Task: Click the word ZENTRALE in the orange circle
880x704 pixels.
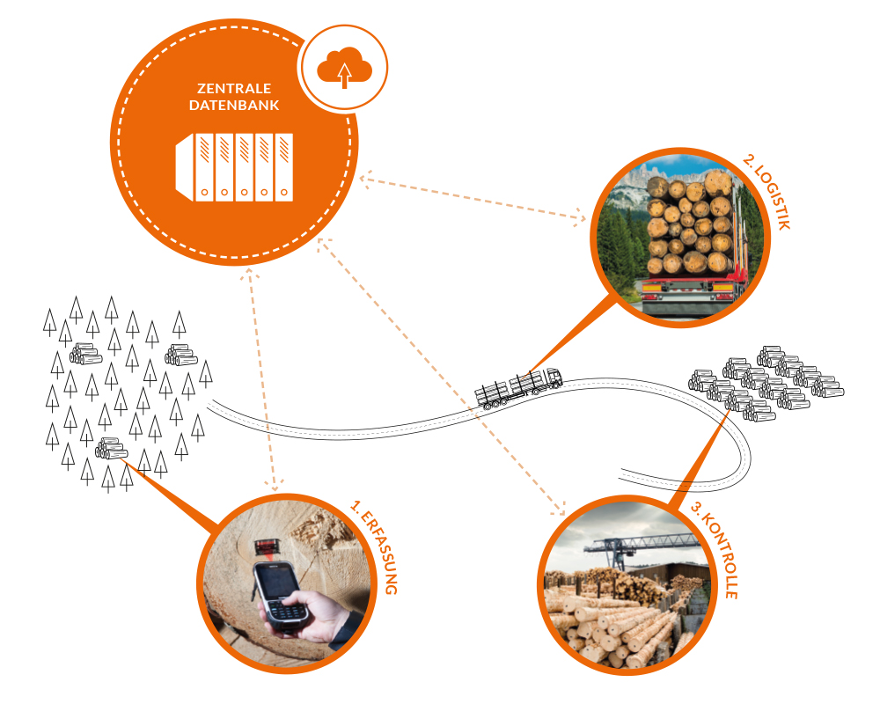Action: point(234,88)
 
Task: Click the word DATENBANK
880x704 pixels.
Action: point(234,105)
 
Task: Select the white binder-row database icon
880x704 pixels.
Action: point(235,166)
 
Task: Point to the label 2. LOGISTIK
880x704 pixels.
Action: point(766,191)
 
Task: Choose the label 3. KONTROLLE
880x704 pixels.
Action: point(715,550)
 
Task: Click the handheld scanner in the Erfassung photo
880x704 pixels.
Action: point(280,597)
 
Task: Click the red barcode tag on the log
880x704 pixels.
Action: point(268,546)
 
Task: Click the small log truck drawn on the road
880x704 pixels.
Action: point(518,387)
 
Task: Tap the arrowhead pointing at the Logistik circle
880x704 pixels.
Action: point(579,216)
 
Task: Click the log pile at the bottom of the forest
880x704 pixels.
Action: point(111,449)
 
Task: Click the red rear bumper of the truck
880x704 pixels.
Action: point(687,287)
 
